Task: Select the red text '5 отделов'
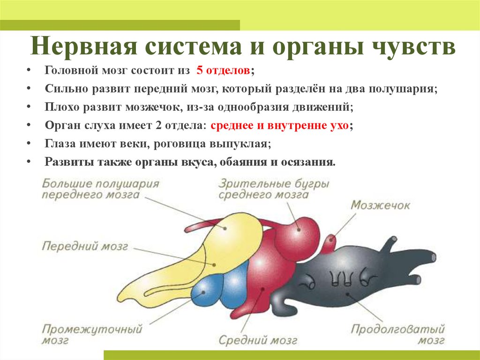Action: click(223, 71)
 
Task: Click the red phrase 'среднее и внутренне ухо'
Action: click(280, 126)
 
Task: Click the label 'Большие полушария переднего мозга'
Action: click(100, 189)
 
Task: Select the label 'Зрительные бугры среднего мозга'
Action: click(273, 189)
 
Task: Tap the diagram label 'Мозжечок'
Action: click(380, 205)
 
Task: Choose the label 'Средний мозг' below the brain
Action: click(258, 339)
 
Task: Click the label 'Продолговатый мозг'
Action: click(397, 334)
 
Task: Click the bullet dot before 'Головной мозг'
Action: click(29, 71)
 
